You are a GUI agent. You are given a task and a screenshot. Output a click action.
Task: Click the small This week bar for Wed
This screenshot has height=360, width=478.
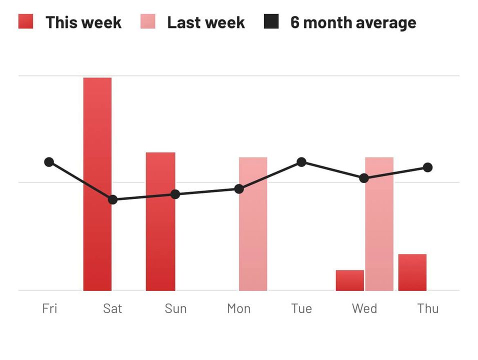click(349, 280)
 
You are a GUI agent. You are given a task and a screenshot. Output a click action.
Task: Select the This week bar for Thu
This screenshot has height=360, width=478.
click(412, 272)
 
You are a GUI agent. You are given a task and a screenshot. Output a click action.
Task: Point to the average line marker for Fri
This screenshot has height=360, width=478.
click(49, 162)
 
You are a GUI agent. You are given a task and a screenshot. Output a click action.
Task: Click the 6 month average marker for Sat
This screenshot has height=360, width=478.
click(113, 199)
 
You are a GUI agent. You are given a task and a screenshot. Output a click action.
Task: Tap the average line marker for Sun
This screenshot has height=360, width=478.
click(175, 194)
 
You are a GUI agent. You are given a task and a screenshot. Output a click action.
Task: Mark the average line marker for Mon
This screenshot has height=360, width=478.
click(239, 189)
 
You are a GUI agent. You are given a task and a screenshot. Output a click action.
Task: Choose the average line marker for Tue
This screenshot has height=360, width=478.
click(301, 162)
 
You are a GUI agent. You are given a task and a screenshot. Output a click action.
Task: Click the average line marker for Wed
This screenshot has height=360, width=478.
click(364, 178)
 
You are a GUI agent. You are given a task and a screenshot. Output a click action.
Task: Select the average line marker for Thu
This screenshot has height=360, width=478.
click(427, 167)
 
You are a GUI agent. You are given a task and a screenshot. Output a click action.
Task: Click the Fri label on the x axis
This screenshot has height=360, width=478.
click(49, 308)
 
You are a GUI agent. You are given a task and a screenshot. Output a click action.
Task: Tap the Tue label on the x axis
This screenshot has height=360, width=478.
click(301, 308)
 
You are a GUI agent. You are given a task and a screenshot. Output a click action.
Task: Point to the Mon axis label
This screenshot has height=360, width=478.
click(238, 308)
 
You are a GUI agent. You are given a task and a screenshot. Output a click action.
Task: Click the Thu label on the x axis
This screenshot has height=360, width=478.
click(428, 308)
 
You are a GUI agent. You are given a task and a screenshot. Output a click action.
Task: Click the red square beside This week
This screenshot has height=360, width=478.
click(25, 21)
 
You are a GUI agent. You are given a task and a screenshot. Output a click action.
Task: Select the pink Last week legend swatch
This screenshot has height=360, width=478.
click(148, 21)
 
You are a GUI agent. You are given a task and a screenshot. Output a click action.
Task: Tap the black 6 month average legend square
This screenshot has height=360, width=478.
click(271, 21)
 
